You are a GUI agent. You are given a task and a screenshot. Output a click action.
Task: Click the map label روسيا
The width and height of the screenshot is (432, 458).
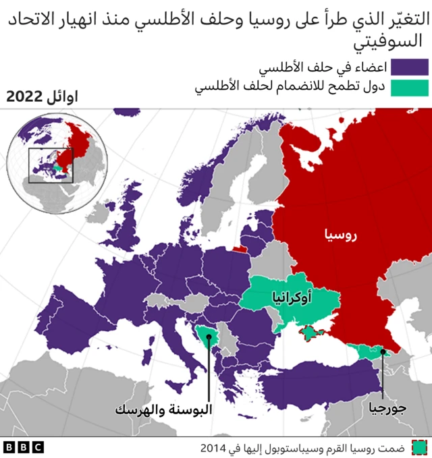pos(341,235)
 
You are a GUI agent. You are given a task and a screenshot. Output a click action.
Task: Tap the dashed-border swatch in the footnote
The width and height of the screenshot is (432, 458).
pos(419,447)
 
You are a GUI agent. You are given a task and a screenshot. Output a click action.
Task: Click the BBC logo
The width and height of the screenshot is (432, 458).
pos(24,447)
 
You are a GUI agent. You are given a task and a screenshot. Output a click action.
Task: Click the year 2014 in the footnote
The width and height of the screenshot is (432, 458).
pos(213,447)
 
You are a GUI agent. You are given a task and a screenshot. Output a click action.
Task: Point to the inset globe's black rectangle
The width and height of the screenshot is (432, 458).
pos(51,165)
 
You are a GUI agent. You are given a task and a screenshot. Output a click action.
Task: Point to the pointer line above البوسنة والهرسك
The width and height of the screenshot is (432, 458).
pos(208,368)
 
